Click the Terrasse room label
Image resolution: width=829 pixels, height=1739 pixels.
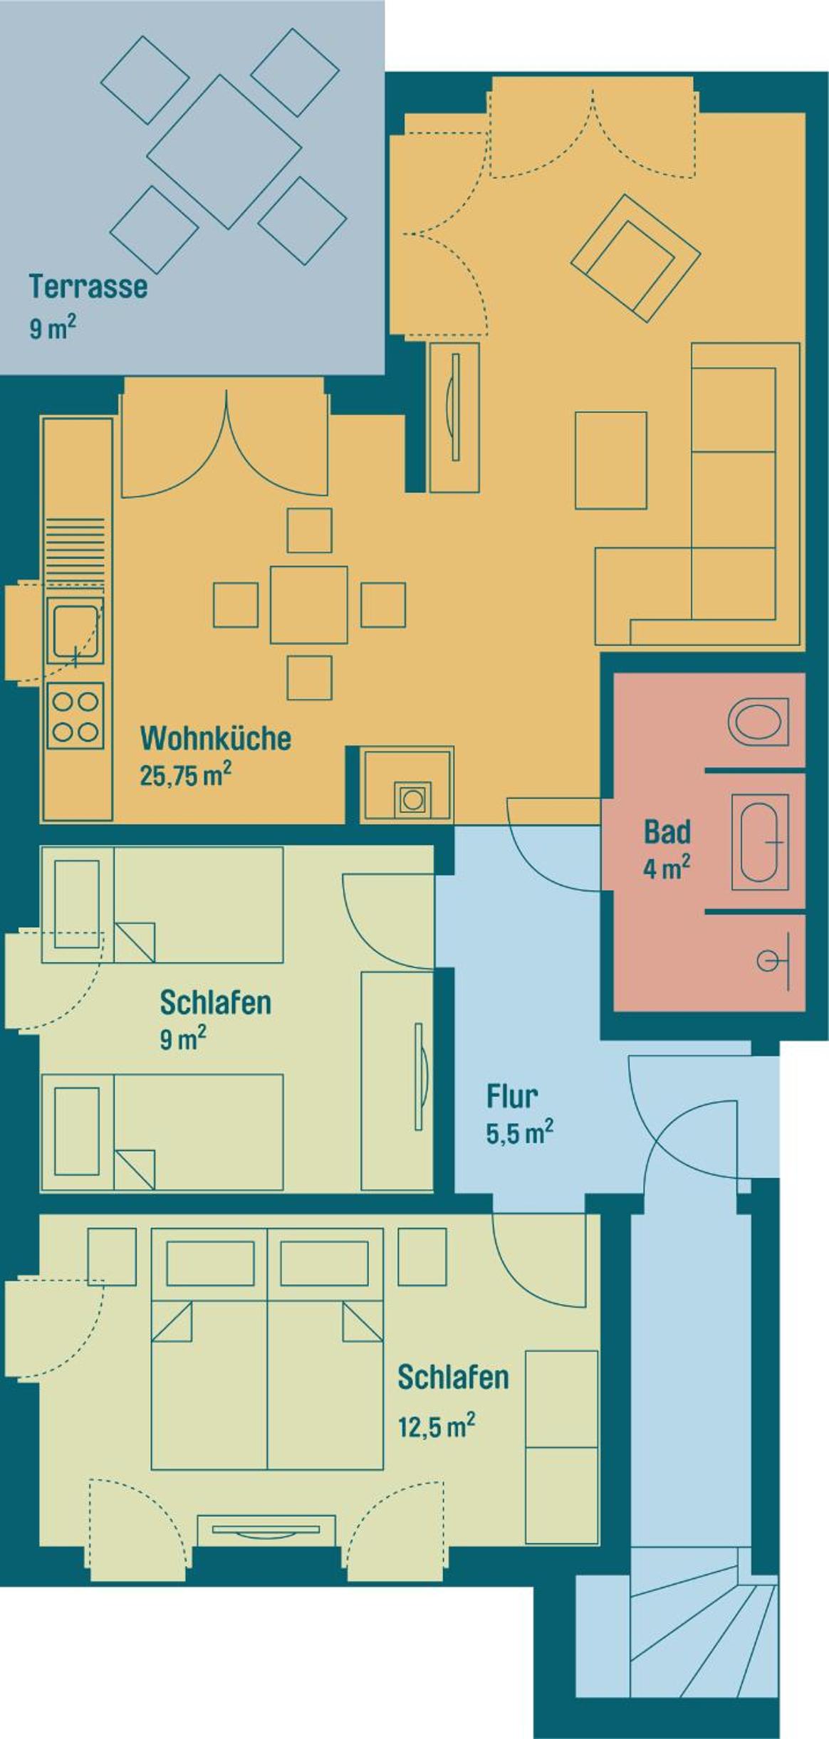click(x=88, y=286)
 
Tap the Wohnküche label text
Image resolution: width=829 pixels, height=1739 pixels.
click(x=216, y=738)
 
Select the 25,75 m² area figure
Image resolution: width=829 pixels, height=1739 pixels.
click(x=185, y=774)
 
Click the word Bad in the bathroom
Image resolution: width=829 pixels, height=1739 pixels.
click(x=667, y=831)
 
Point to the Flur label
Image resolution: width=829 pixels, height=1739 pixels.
click(x=512, y=1096)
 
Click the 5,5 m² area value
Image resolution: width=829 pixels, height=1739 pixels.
click(x=520, y=1132)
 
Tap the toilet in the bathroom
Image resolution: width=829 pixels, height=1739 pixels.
click(x=758, y=721)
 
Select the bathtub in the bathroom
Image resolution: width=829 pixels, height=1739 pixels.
click(x=760, y=842)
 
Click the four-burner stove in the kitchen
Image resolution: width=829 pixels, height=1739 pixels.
click(x=75, y=715)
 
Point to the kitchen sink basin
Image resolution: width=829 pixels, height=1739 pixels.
click(x=75, y=631)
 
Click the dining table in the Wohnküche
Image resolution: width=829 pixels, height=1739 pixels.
click(x=309, y=604)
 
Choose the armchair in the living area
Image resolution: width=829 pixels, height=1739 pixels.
click(x=635, y=258)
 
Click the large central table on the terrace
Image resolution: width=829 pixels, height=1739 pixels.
click(x=224, y=152)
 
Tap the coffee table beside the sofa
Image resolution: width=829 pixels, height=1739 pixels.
click(x=611, y=460)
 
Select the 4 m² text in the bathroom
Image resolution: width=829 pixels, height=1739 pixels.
click(x=667, y=868)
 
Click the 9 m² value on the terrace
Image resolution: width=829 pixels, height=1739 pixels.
click(x=52, y=328)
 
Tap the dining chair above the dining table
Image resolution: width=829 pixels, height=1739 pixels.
click(x=309, y=530)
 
